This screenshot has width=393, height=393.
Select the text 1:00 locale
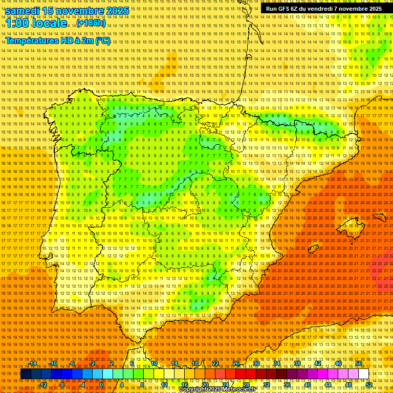click(x=37, y=24)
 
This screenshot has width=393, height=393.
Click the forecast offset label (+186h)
click(x=91, y=23)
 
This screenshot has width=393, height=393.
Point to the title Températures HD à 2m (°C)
click(x=57, y=41)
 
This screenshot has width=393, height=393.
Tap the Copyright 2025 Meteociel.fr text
click(x=217, y=389)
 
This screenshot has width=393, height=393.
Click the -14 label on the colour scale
click(x=33, y=363)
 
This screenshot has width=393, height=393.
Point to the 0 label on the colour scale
click(x=101, y=385)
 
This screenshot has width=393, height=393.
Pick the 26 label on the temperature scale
click(x=236, y=363)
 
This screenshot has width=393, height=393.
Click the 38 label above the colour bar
click(x=297, y=363)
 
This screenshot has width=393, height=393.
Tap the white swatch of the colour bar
click(x=363, y=374)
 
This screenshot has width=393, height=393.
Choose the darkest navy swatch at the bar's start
click(x=26, y=374)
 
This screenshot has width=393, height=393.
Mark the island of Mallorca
click(x=351, y=225)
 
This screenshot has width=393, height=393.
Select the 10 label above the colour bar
click(x=154, y=363)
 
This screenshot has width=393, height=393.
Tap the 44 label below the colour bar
click(x=327, y=385)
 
